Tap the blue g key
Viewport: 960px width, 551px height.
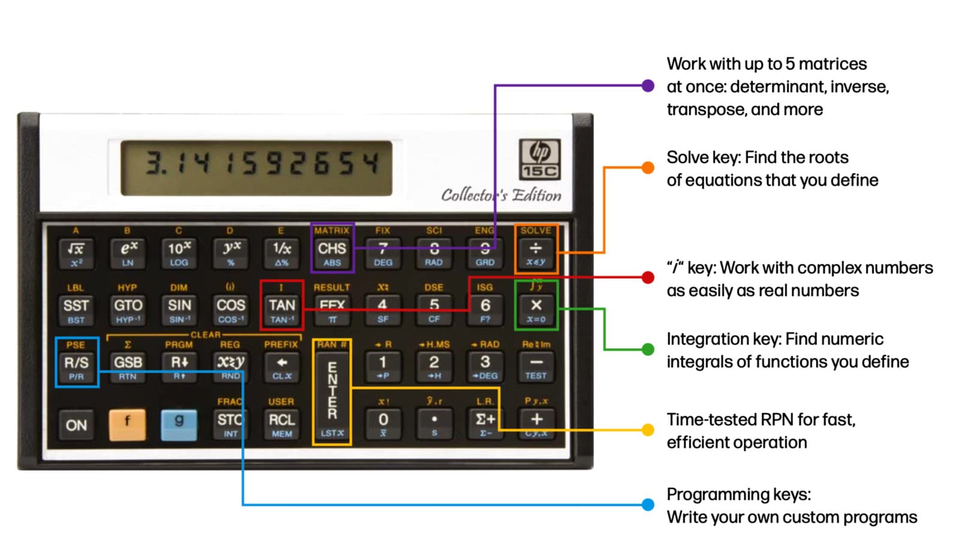179,424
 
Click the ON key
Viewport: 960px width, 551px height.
76,425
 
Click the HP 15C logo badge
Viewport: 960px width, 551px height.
539,159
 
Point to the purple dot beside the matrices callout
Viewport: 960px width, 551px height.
647,86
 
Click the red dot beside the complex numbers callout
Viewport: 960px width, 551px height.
647,277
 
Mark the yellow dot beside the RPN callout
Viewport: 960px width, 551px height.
647,430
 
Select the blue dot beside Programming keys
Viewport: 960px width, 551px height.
647,505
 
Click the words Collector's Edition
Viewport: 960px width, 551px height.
501,195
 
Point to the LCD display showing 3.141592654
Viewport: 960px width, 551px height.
256,168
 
